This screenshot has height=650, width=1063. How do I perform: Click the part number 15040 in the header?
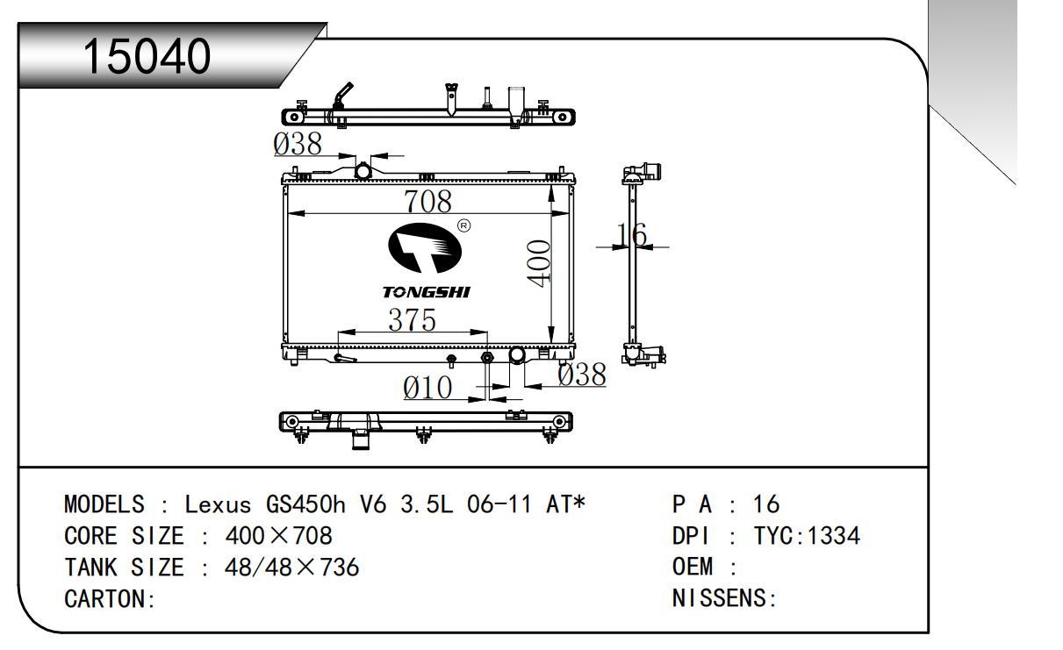[147, 56]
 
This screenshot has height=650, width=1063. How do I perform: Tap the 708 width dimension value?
[427, 201]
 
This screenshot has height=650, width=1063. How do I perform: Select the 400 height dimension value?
[539, 264]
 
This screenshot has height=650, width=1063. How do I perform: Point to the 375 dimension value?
[412, 320]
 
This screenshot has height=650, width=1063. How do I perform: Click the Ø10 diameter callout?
[427, 388]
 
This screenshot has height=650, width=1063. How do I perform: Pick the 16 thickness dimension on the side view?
[631, 235]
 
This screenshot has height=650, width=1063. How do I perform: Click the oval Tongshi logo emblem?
[425, 248]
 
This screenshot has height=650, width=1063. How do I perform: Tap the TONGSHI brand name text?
[426, 292]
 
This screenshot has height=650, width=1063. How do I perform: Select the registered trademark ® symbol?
[463, 225]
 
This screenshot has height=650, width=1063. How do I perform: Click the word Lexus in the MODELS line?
[218, 504]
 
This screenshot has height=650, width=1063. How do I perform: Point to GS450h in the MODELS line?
[305, 504]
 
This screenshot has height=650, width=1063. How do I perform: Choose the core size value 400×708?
[279, 536]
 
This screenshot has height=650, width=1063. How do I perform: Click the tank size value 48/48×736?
[291, 568]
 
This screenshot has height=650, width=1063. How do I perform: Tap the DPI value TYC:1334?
[807, 536]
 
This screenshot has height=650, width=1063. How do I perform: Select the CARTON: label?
[110, 599]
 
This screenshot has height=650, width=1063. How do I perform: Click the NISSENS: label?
[724, 598]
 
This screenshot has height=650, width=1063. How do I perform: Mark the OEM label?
[693, 567]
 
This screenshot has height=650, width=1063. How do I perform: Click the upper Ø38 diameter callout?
[298, 144]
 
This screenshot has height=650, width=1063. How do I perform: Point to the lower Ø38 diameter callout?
[582, 375]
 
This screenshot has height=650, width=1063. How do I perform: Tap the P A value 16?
[766, 504]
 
